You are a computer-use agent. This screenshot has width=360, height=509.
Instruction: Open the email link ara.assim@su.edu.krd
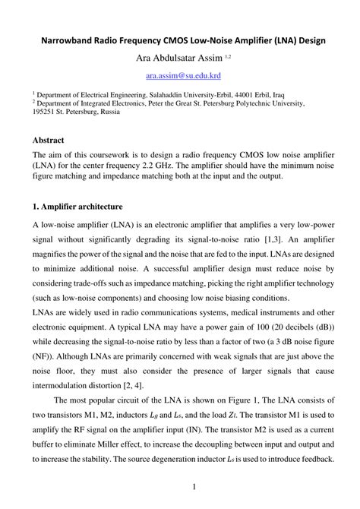pyautogui.click(x=179, y=76)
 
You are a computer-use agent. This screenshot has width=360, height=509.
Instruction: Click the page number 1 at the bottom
pyautogui.click(x=194, y=486)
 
